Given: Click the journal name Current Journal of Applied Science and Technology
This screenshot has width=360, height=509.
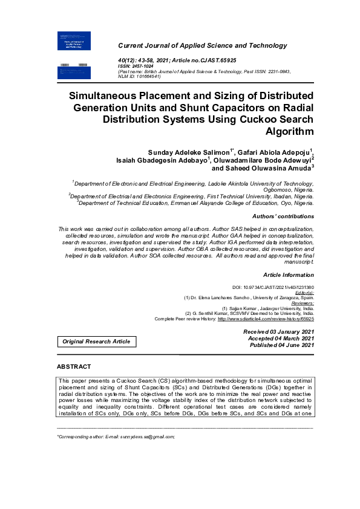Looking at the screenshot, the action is (202, 46).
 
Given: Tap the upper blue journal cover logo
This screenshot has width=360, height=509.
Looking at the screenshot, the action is (73, 41).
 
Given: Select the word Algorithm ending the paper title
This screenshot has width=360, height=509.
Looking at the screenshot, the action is (290, 132).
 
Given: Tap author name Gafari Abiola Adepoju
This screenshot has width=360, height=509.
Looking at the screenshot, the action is (275, 150).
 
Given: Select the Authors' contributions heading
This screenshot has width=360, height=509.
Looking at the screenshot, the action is (283, 216).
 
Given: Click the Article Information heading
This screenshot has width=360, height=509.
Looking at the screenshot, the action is (289, 274).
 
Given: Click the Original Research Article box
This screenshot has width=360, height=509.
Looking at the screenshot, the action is (97, 342).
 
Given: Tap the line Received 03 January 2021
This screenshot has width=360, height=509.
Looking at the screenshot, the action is (278, 332).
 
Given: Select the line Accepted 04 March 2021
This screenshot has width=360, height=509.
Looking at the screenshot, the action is (281, 339).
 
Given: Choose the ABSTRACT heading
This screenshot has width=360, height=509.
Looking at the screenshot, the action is (74, 367).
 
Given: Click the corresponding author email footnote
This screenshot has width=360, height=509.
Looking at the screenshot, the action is (116, 435).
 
